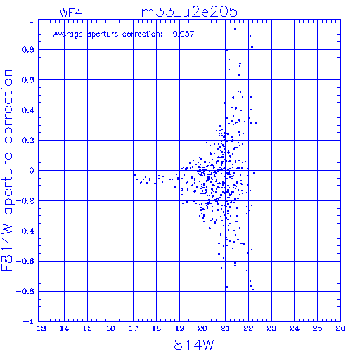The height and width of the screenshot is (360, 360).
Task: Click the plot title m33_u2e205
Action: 189,12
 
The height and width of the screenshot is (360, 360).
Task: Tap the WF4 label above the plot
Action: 70,13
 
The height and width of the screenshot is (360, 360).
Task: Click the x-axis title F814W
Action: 190,345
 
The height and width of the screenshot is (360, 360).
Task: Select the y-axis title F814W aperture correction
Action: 8,170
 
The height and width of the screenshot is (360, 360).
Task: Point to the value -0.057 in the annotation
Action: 181,34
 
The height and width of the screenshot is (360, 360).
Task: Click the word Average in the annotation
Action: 68,34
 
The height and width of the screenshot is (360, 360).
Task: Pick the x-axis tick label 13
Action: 41,328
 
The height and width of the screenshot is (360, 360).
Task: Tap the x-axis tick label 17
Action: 134,328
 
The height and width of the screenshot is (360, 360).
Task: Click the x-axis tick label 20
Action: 202,328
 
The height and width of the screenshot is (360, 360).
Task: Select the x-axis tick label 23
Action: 271,328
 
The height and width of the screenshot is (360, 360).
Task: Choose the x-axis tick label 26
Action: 340,328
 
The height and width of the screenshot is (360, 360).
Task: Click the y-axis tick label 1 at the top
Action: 32,20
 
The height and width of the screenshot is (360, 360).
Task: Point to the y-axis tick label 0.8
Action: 28,50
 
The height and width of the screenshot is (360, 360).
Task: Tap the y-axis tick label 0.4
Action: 28,110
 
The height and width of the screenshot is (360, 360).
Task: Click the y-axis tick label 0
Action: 32,171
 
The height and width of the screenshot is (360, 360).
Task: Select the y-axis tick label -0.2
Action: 25,201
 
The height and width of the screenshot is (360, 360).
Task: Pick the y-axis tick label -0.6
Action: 25,261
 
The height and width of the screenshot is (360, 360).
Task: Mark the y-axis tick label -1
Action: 29,321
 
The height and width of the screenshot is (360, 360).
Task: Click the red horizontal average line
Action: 190,179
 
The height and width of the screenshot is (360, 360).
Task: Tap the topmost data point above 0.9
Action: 235,29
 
